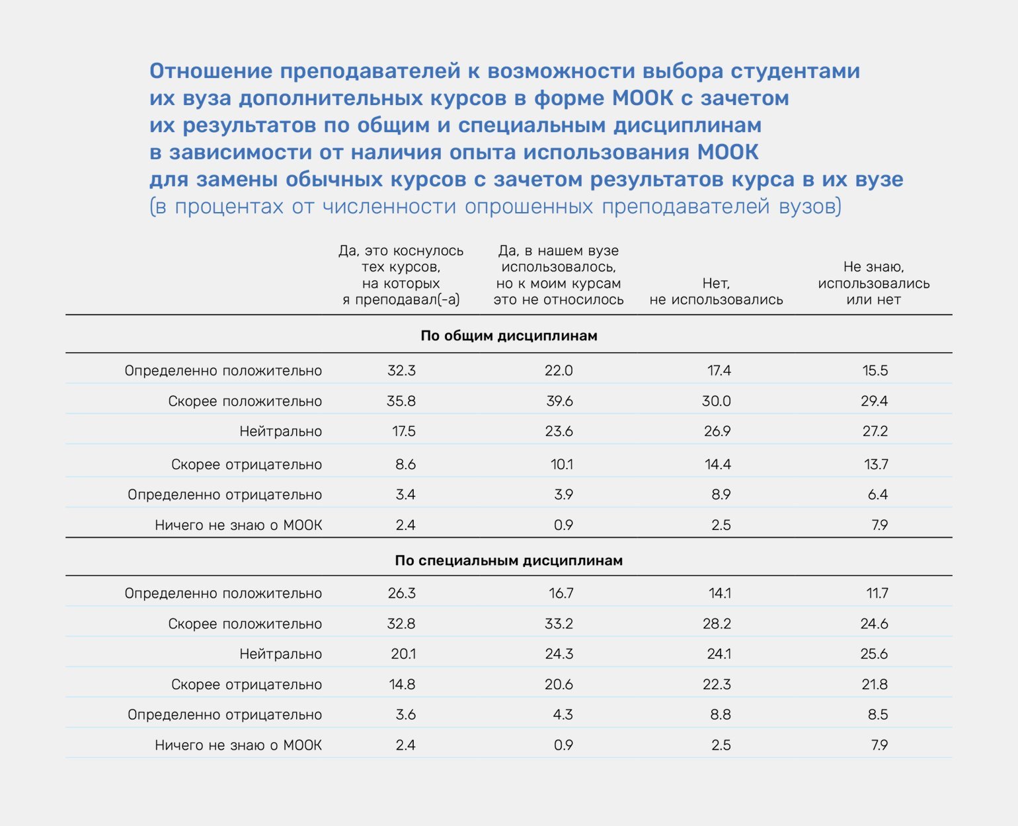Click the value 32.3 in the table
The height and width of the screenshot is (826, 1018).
point(401,371)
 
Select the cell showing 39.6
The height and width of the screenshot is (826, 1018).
point(559,401)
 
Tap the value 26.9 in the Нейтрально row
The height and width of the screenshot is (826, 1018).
point(717,432)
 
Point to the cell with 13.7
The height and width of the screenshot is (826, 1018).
point(876,465)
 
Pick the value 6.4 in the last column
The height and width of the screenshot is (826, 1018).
point(877,495)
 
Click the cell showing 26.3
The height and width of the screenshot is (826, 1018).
point(401,593)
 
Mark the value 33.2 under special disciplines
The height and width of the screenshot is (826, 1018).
point(559,624)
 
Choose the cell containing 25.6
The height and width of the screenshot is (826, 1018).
point(874,654)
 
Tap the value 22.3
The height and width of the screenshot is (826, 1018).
point(717,685)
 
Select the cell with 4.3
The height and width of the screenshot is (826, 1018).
point(563,715)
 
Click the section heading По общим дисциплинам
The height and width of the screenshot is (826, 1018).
point(508,336)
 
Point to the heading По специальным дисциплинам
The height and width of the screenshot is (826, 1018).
point(508,561)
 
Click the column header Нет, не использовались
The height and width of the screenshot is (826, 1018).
point(716,291)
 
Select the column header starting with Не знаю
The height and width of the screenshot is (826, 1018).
point(873,283)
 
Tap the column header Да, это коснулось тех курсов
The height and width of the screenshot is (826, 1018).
point(401,275)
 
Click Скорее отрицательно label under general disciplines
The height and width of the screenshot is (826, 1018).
point(246,465)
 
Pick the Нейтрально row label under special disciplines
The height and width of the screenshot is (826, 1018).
point(280,654)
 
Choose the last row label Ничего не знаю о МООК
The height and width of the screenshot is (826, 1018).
point(238,745)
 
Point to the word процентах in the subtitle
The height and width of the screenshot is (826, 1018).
point(230,207)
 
